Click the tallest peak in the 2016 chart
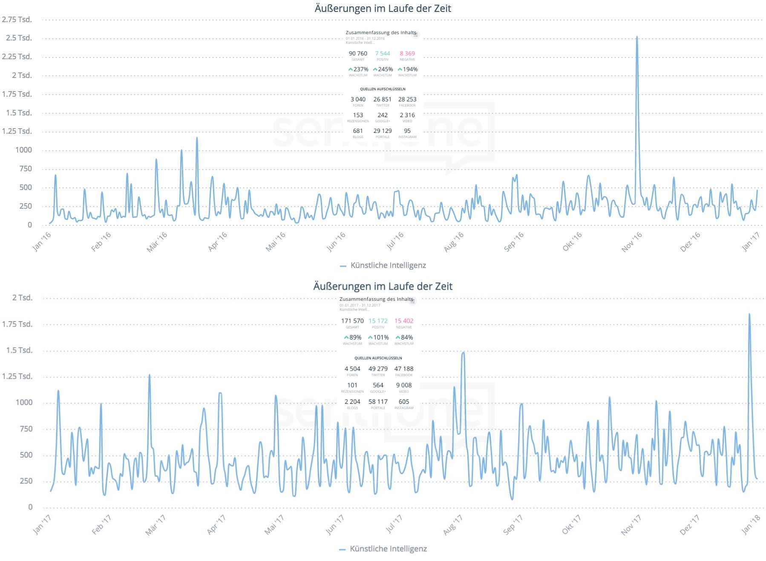point(636,37)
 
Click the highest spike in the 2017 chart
point(749,315)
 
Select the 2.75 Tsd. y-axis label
point(17,19)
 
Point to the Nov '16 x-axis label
point(631,242)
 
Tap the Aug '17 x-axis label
point(452,525)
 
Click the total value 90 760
point(358,53)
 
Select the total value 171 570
point(352,321)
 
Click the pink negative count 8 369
point(407,53)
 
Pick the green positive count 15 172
point(378,321)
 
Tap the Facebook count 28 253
point(407,99)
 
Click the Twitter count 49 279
point(378,369)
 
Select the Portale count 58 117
point(378,402)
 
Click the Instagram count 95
point(407,131)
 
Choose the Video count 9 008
point(403,385)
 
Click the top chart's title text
point(383,8)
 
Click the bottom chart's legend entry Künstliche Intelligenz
point(388,549)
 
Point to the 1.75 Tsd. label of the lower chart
point(17,324)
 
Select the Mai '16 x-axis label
point(275,242)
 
